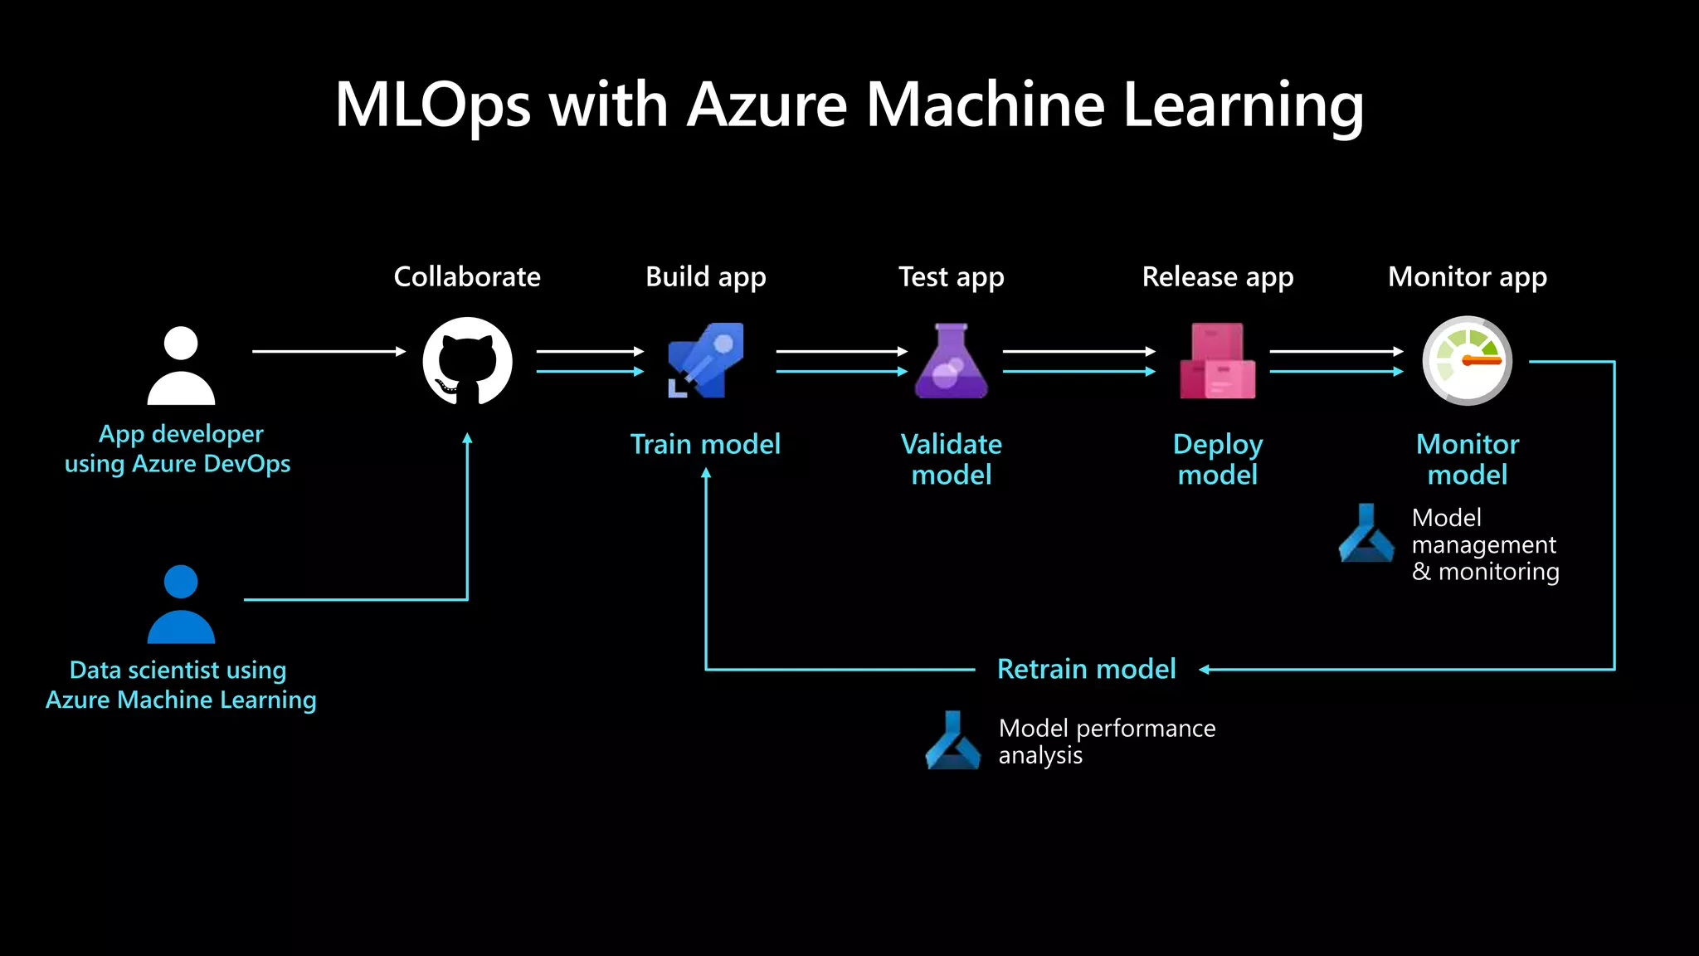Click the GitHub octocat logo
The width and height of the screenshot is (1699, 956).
(x=467, y=362)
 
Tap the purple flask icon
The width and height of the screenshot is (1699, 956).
(x=952, y=362)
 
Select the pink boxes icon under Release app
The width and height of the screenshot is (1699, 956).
(x=1217, y=362)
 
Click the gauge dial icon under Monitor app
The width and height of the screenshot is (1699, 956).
(x=1467, y=361)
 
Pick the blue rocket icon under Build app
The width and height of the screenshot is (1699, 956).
(x=706, y=361)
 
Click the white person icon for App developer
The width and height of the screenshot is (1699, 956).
(x=181, y=366)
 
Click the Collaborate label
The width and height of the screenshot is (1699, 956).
(x=467, y=276)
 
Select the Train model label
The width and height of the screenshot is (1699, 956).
(x=705, y=444)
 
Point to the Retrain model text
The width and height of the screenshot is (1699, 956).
(x=1086, y=669)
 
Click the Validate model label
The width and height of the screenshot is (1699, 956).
(x=952, y=459)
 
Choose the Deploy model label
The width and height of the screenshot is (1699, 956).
(x=1217, y=459)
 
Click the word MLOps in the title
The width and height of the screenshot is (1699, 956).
(x=432, y=105)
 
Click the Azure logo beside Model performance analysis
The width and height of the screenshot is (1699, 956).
(x=952, y=741)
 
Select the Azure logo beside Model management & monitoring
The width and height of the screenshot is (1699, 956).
(x=1366, y=534)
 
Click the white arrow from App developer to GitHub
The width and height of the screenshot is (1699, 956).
(x=329, y=352)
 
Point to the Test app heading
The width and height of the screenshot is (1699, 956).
(x=951, y=276)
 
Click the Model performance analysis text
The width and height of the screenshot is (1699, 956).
(x=1106, y=741)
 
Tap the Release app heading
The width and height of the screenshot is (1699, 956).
(x=1217, y=276)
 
